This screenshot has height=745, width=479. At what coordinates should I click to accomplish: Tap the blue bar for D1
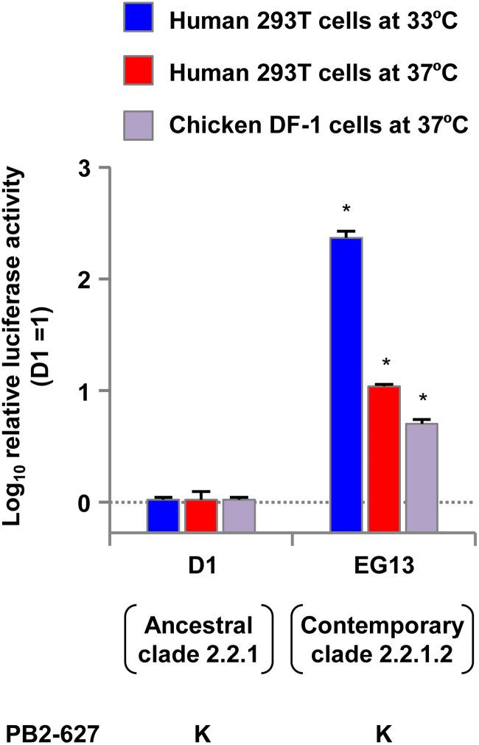pyautogui.click(x=163, y=515)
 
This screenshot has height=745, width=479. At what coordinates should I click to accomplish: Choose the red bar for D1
pyautogui.click(x=200, y=515)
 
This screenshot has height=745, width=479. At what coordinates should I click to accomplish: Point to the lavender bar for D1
pyautogui.click(x=238, y=515)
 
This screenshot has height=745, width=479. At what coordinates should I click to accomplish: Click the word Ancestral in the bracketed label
pyautogui.click(x=200, y=626)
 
